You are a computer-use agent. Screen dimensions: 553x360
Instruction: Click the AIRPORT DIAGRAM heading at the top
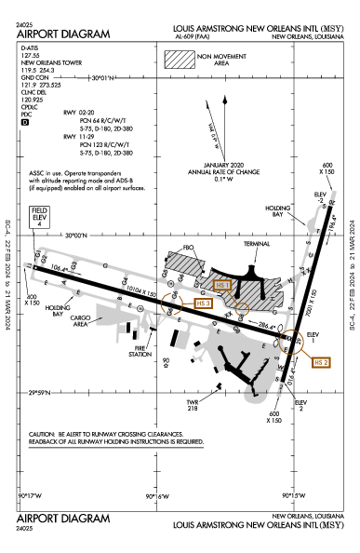(x=63, y=34)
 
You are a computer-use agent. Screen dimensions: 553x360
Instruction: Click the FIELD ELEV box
(x=40, y=215)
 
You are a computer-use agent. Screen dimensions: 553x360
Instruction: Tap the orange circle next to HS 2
(x=293, y=344)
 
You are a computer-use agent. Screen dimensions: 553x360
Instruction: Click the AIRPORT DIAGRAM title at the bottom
(x=63, y=518)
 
